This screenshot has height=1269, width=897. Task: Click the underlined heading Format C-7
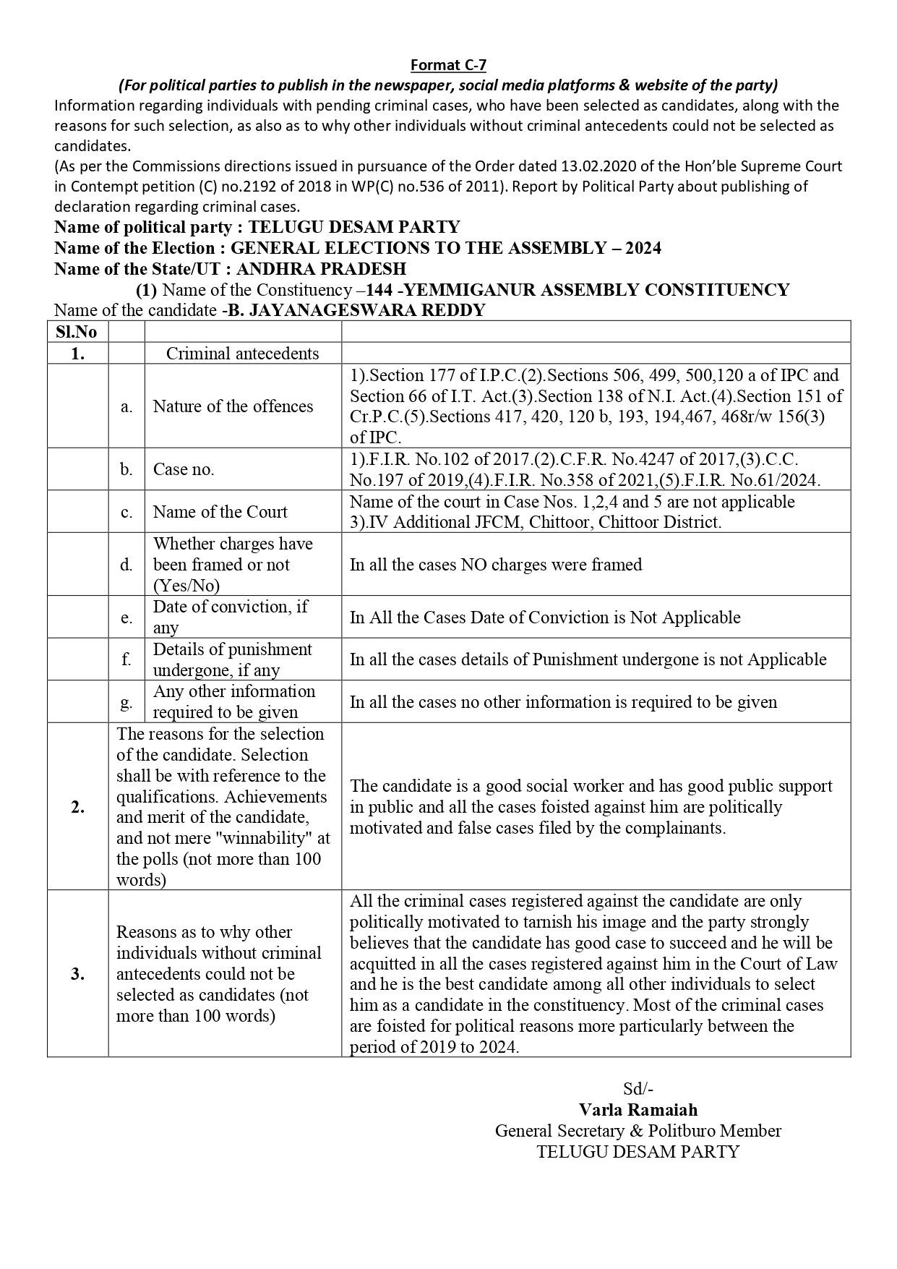point(448,65)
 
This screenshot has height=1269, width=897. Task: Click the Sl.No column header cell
point(77,332)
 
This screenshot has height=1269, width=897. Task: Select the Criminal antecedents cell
point(242,353)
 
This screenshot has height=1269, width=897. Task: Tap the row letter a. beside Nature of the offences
point(126,406)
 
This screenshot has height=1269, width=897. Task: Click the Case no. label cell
point(184,469)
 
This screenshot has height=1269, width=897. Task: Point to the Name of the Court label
point(220,512)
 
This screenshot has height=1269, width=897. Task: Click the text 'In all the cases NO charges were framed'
point(496,565)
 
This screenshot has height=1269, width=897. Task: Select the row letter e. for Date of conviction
point(126,618)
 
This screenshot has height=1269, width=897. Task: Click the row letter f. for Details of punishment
point(126,659)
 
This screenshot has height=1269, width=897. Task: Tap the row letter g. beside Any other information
point(126,702)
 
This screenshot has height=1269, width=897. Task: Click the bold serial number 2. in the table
point(77,807)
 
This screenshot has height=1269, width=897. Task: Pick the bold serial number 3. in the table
point(77,974)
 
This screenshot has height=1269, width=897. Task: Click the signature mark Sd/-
point(638,1089)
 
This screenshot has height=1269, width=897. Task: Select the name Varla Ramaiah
point(638,1109)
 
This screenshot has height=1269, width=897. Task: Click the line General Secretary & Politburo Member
point(638,1130)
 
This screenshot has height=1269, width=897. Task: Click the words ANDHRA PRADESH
point(321,269)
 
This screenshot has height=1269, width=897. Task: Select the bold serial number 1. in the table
point(77,353)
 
